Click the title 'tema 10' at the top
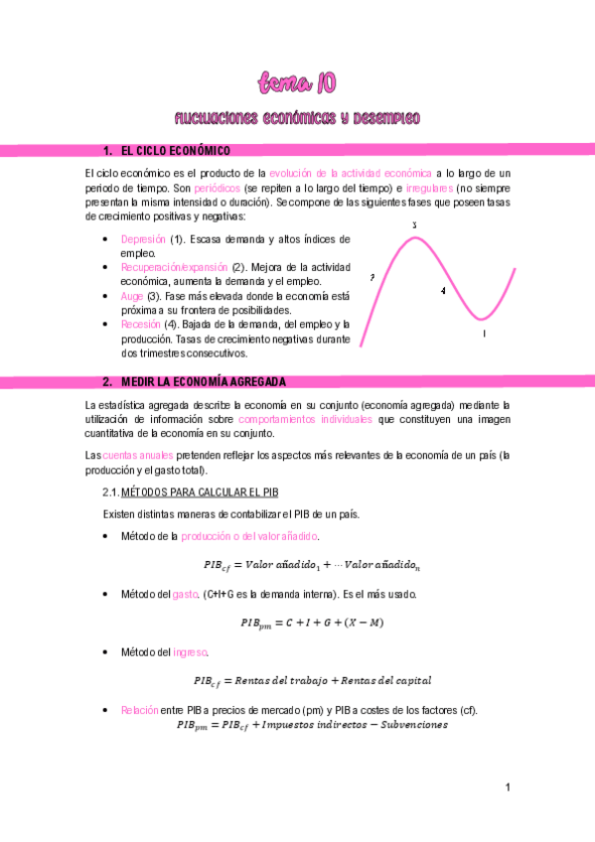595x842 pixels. [297, 80]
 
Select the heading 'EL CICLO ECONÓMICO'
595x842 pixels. [175, 151]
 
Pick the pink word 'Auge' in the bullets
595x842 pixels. [131, 296]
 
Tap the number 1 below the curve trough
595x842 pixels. [484, 334]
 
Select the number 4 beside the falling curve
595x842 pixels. [443, 290]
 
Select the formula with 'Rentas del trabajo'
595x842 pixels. [313, 681]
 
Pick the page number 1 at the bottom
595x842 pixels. [507, 788]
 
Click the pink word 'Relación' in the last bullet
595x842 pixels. [140, 710]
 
